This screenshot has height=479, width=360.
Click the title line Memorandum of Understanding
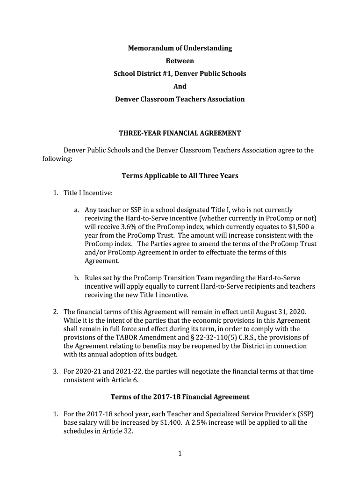[x=180, y=48]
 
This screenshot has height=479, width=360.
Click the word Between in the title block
[x=180, y=61]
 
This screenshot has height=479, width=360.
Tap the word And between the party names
[x=180, y=86]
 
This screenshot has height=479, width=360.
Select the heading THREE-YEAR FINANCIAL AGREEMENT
[x=180, y=133]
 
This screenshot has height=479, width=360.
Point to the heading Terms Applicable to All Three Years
[x=180, y=176]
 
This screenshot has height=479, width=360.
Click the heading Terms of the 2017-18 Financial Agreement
[x=180, y=397]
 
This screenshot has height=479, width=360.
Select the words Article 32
[x=120, y=431]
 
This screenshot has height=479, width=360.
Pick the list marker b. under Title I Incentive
[x=77, y=278]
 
